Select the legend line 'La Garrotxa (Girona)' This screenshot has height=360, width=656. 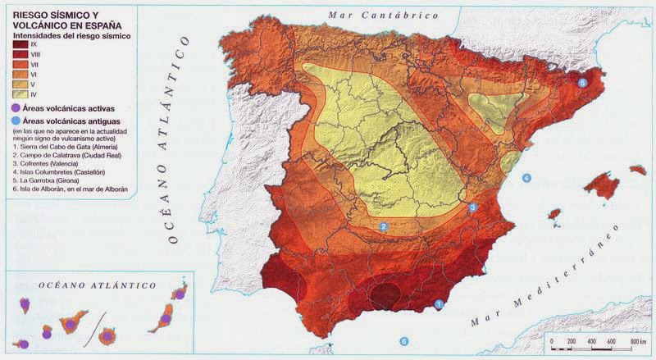pyautogui.click(x=44, y=180)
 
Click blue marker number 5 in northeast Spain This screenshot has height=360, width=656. pyautogui.click(x=583, y=83)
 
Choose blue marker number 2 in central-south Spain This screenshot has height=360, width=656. pyautogui.click(x=383, y=226)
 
